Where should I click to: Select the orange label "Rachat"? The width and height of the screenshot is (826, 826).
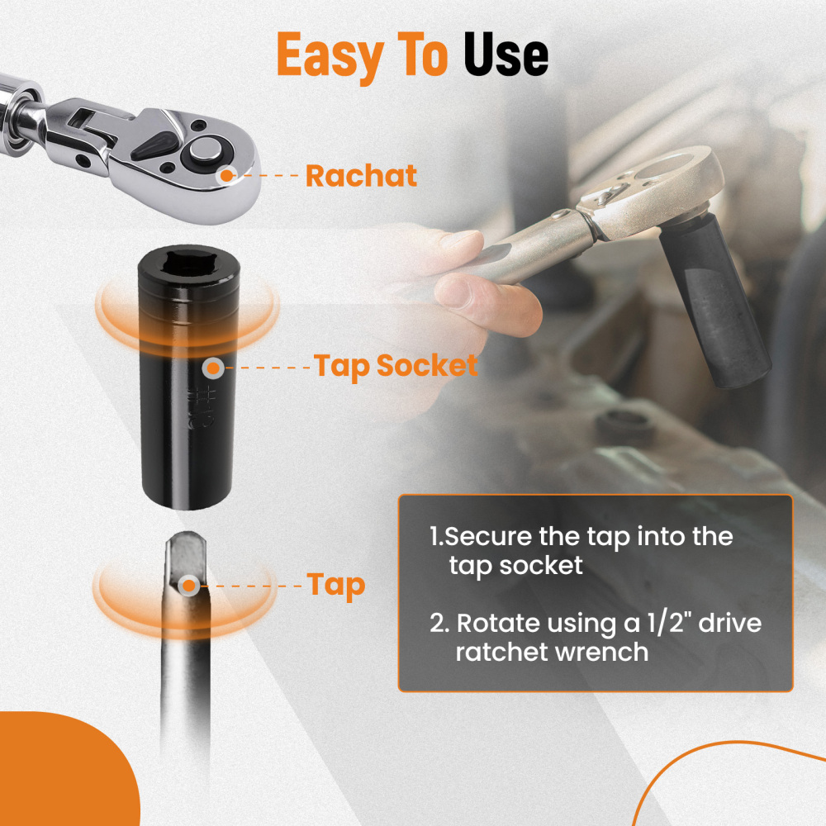tap(361, 176)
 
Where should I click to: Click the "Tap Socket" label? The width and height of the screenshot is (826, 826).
tap(396, 366)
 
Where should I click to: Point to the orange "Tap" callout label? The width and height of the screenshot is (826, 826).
tap(336, 586)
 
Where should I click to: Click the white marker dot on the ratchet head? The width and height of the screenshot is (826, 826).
tap(225, 174)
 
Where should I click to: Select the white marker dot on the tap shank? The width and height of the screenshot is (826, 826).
tap(188, 586)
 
